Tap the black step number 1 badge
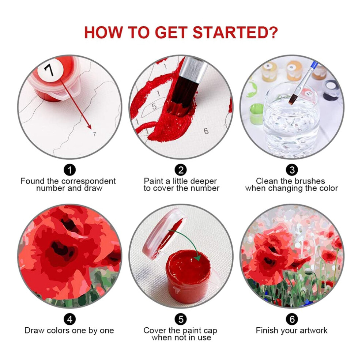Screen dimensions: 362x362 pyautogui.click(x=70, y=170)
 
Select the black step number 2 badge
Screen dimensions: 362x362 pyautogui.click(x=181, y=170)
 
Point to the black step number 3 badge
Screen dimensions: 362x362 pyautogui.click(x=292, y=170)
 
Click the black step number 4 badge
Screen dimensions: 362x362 pyautogui.click(x=70, y=320)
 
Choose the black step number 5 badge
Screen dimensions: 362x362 pyautogui.click(x=181, y=320)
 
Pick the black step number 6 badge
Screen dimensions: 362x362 pyautogui.click(x=292, y=320)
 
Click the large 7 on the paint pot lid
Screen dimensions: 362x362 pyautogui.click(x=49, y=70)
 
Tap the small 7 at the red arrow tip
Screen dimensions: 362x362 pyautogui.click(x=94, y=134)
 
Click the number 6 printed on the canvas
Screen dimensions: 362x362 pyautogui.click(x=206, y=131)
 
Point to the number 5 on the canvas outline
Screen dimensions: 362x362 pyautogui.click(x=154, y=106)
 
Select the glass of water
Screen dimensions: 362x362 pyautogui.click(x=291, y=120)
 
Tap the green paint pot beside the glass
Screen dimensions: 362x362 pyautogui.click(x=256, y=114)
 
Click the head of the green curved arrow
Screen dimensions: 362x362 pyautogui.click(x=197, y=257)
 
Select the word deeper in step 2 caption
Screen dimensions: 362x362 pyautogui.click(x=204, y=181)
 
